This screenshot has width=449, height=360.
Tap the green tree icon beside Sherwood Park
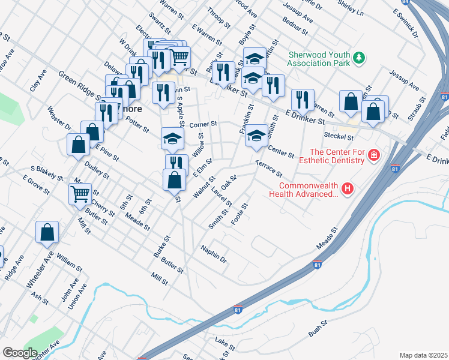(x=359, y=58)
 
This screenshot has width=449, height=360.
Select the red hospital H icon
(x=348, y=190)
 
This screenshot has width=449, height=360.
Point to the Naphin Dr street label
(x=213, y=254)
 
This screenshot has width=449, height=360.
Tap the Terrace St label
(x=268, y=169)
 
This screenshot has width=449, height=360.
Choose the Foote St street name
(x=240, y=214)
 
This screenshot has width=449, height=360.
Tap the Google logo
(x=20, y=353)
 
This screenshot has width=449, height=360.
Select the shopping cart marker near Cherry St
(x=80, y=194)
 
